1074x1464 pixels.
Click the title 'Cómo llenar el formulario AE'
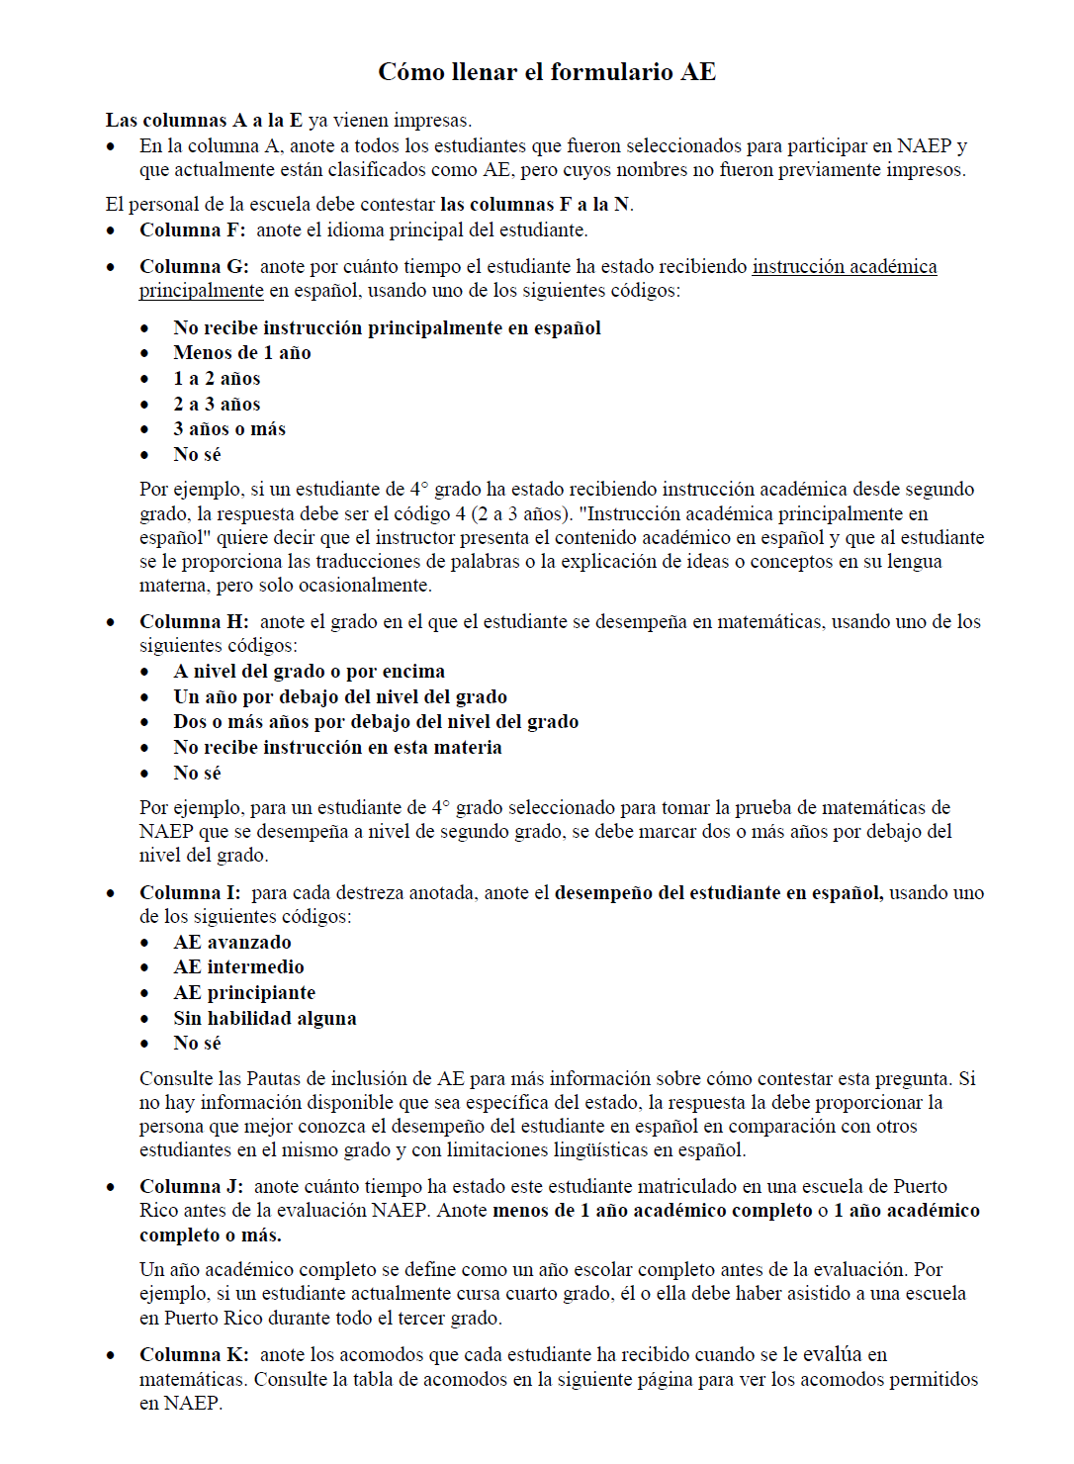pos(547,72)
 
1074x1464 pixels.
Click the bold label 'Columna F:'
pos(192,230)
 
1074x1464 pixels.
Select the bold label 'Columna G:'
pos(194,267)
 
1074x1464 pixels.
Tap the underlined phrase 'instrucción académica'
pos(844,267)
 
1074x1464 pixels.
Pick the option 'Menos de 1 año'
pos(242,353)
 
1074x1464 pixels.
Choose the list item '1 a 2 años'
pos(217,379)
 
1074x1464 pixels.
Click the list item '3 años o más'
pos(229,429)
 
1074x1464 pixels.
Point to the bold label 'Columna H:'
pos(194,622)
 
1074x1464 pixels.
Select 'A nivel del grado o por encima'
pos(309,672)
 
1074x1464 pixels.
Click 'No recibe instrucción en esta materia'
pos(337,748)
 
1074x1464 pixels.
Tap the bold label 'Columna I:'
pos(190,893)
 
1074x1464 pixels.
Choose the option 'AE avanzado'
pos(232,943)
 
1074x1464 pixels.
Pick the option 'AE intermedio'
pos(238,967)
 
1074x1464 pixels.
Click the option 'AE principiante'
pos(244,993)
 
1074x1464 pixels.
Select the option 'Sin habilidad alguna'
pos(265,1019)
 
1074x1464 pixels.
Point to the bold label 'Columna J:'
pos(191,1187)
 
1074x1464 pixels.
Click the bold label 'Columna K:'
pos(194,1355)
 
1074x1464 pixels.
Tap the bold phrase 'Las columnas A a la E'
pos(204,121)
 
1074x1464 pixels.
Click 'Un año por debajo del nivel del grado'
pos(340,697)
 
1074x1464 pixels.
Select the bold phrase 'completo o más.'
pos(210,1235)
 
